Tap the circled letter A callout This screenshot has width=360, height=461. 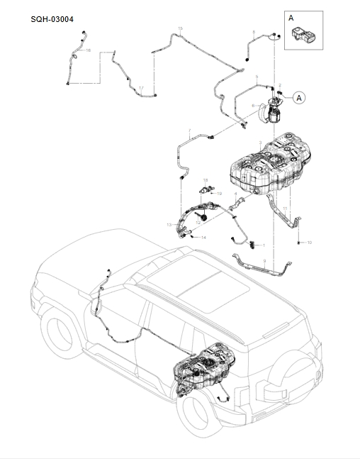coord(300,97)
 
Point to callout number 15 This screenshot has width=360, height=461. coord(180,28)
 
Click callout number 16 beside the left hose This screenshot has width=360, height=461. coord(88,50)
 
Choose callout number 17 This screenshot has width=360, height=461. coord(141,88)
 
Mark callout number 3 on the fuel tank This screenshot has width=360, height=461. coord(260,143)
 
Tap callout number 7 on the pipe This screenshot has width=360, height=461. coord(190,130)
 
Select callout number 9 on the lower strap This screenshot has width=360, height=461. coord(263,262)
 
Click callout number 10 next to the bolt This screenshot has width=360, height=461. coord(309,243)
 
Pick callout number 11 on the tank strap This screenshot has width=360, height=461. coord(285,208)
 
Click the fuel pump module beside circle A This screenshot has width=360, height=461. coord(271,111)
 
